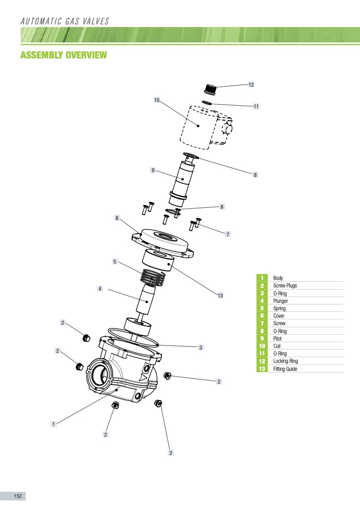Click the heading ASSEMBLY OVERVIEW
(x=64, y=55)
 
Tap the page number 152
(x=18, y=496)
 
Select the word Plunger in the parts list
(x=281, y=301)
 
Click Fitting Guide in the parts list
(x=285, y=369)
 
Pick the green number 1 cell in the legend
(x=261, y=278)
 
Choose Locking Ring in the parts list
(x=286, y=361)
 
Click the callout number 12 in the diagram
(x=251, y=84)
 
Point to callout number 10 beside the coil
(x=157, y=100)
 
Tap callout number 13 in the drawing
(x=220, y=295)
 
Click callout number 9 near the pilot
(x=153, y=170)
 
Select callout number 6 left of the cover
(x=117, y=218)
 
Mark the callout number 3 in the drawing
(x=200, y=347)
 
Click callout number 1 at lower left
(x=53, y=424)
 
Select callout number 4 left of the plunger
(x=99, y=289)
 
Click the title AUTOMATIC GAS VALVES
(x=64, y=21)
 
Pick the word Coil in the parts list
(x=277, y=346)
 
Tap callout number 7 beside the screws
(x=228, y=234)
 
